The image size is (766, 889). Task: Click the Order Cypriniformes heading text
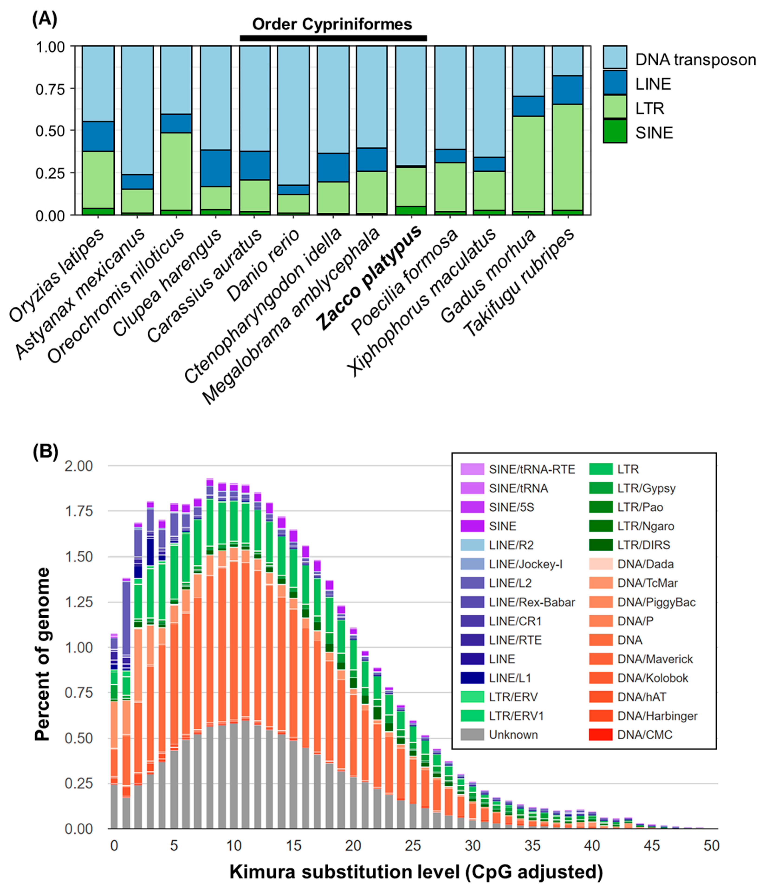point(332,24)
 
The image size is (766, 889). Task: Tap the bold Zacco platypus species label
point(369,279)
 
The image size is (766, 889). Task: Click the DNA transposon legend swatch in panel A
point(615,58)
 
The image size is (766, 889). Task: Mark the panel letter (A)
point(45,19)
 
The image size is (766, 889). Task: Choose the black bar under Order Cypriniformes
point(333,38)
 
